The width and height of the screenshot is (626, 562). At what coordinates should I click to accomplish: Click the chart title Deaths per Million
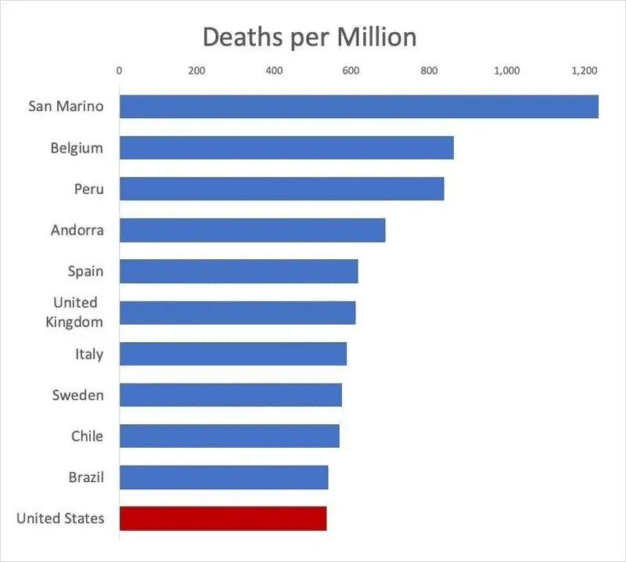click(309, 37)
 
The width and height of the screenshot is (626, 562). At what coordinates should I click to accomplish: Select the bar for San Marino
click(358, 106)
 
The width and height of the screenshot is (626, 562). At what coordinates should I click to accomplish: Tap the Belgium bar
click(286, 148)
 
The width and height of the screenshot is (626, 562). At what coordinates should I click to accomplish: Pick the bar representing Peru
click(282, 189)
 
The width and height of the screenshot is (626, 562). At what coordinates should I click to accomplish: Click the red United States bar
click(223, 518)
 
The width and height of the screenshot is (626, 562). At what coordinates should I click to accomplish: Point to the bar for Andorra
click(252, 230)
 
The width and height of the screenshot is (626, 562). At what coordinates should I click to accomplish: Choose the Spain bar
click(239, 271)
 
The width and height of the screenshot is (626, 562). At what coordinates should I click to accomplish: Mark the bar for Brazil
click(224, 477)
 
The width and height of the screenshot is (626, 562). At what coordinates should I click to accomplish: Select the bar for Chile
click(229, 436)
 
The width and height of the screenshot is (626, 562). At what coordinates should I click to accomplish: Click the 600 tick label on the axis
click(351, 71)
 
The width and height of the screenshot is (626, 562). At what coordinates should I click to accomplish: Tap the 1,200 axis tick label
click(584, 71)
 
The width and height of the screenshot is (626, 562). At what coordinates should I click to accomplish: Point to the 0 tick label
click(119, 71)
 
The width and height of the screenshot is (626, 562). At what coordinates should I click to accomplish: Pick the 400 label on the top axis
click(274, 71)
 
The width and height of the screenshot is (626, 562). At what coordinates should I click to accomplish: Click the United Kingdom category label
click(75, 312)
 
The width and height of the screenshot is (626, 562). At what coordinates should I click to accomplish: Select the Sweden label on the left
click(77, 394)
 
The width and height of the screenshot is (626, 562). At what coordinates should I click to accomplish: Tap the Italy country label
click(89, 354)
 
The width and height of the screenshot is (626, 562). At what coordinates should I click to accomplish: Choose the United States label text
click(59, 518)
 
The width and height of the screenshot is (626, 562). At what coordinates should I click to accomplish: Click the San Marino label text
click(66, 106)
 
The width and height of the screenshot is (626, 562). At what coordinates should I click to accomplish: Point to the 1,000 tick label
click(506, 71)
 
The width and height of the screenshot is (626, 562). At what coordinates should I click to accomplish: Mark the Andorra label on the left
click(77, 230)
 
